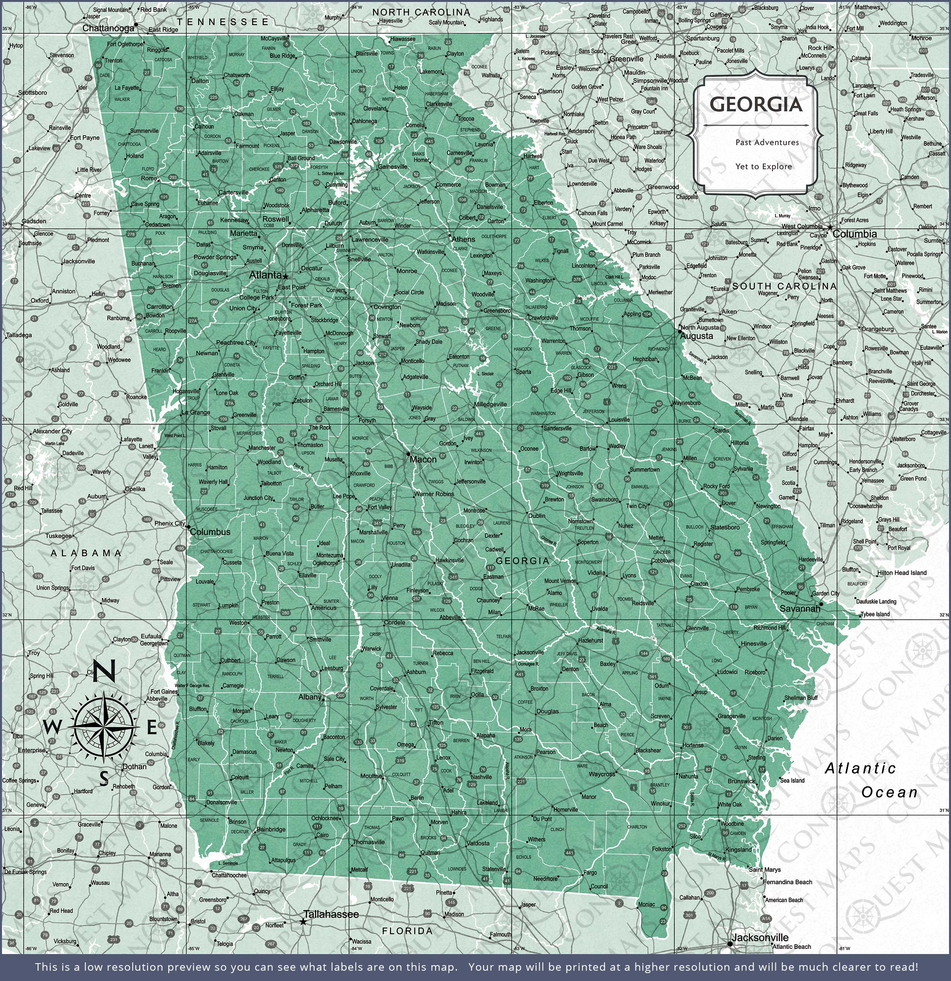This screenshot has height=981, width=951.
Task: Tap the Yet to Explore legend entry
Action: pyautogui.click(x=764, y=167)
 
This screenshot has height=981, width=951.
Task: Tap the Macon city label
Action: pyautogui.click(x=423, y=459)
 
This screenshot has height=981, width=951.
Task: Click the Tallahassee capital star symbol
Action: pyautogui.click(x=303, y=922)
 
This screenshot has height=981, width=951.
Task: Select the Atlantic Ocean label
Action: pyautogui.click(x=871, y=780)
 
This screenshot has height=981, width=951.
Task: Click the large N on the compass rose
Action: pyautogui.click(x=105, y=671)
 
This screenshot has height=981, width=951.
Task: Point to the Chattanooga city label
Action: pyautogui.click(x=108, y=29)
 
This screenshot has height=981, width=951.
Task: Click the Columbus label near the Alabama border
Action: pyautogui.click(x=210, y=532)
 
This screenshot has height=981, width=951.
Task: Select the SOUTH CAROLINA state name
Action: pyautogui.click(x=784, y=286)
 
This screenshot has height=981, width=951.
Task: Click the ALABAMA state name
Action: pyautogui.click(x=86, y=553)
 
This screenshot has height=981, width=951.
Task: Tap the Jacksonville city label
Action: pyautogui.click(x=760, y=937)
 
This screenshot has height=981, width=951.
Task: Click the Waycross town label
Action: pyautogui.click(x=602, y=774)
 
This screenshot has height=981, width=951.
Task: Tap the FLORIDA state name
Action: pyautogui.click(x=407, y=931)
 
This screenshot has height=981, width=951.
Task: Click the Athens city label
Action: pyautogui.click(x=463, y=239)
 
